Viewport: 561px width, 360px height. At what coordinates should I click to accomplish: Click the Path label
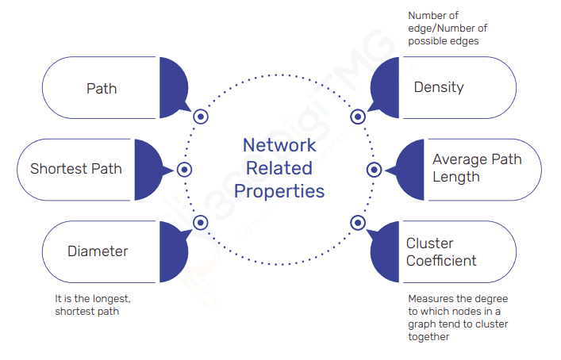[102, 87]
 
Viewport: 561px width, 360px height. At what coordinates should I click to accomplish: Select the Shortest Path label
[76, 169]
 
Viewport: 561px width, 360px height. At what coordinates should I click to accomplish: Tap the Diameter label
[98, 251]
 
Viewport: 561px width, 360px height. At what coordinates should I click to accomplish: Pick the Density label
[439, 87]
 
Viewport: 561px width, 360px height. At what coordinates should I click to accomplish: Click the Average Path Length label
[477, 168]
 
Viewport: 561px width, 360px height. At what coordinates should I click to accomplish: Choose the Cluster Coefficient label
[441, 251]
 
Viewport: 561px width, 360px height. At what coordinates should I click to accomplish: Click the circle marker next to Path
[201, 117]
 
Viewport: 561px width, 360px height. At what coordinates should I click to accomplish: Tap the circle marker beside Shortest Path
[184, 170]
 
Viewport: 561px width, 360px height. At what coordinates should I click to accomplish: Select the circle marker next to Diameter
[200, 223]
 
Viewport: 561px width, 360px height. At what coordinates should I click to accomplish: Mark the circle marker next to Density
[358, 117]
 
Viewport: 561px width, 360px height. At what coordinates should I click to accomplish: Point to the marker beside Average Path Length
[375, 170]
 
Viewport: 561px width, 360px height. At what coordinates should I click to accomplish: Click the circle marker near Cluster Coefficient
[358, 223]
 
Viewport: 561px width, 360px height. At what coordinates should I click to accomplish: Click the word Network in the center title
[279, 145]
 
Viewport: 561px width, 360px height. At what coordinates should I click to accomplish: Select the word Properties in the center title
[279, 191]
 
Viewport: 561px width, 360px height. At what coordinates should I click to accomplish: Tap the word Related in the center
[279, 168]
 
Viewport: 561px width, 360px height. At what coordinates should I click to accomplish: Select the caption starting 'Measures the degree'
[458, 317]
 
